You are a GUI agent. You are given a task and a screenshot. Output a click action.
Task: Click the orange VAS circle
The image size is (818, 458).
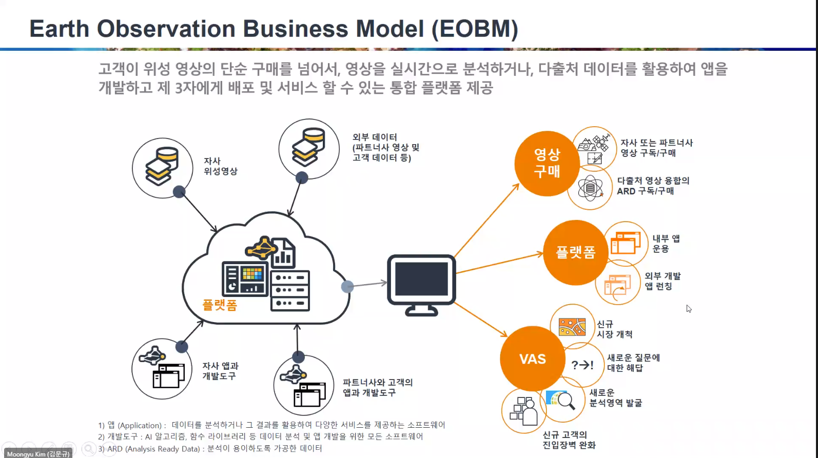[532, 359]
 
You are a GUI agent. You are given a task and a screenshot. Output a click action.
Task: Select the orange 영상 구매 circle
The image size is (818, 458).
[547, 163]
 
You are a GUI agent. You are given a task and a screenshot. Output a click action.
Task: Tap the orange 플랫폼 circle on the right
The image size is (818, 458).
[575, 252]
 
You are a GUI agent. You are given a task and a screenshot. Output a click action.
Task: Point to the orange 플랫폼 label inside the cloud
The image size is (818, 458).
[220, 305]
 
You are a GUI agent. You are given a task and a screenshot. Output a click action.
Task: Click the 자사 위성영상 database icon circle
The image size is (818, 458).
[162, 168]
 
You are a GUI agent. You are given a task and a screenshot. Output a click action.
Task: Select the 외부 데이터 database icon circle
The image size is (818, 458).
[309, 149]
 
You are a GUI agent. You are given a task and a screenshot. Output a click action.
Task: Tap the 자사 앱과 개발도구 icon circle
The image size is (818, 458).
[162, 369]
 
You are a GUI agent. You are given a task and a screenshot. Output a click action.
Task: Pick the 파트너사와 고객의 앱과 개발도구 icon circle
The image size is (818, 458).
[304, 386]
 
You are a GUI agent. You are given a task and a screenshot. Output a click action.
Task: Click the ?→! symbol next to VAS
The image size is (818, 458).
[582, 365]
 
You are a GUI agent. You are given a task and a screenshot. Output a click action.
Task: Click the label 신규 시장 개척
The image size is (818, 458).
[614, 329]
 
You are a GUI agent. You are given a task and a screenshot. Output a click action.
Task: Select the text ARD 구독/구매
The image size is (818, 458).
[645, 191]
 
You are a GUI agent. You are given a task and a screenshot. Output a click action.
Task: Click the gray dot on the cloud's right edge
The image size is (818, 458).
[347, 286]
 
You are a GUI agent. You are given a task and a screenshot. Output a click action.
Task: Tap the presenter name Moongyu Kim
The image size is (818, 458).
[38, 454]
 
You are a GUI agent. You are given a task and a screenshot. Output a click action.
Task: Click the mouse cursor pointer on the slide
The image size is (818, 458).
[689, 308]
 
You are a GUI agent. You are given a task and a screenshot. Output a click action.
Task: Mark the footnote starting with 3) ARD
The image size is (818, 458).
[210, 449]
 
